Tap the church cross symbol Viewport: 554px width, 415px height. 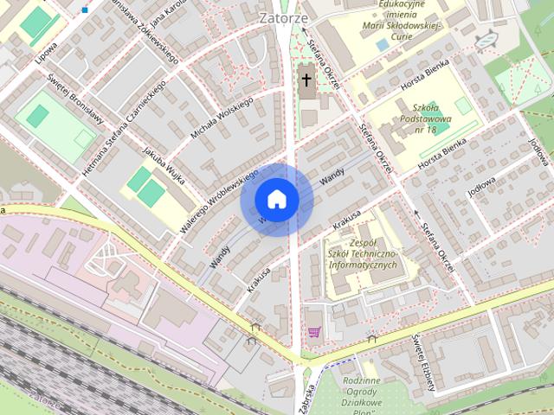306,80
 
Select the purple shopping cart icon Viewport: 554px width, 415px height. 313,331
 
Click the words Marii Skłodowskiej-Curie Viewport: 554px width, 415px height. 402,27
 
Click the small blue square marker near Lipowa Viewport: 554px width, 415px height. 85,10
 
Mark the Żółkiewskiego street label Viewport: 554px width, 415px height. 148,35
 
